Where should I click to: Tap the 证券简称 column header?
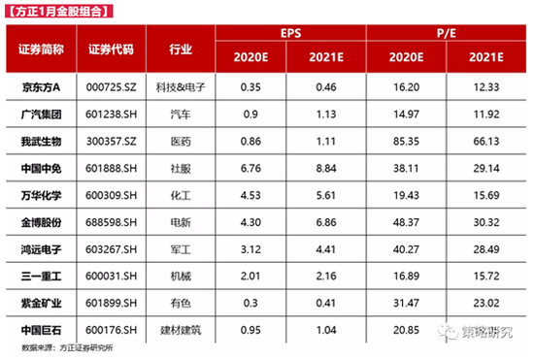click(41, 48)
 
